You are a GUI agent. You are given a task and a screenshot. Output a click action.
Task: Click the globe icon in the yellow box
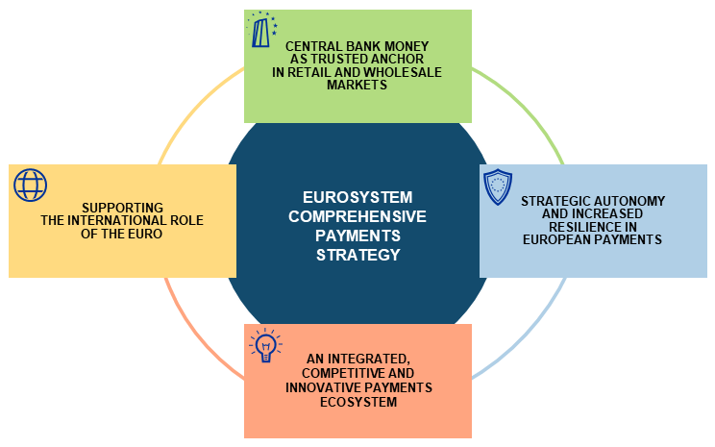(x=30, y=185)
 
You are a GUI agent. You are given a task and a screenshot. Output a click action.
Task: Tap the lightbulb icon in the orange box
(x=264, y=345)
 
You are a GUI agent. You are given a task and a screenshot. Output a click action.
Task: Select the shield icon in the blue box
(x=498, y=186)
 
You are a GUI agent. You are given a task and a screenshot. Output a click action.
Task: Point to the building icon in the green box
(x=262, y=32)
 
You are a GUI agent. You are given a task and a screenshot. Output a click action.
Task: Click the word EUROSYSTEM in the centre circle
(x=357, y=196)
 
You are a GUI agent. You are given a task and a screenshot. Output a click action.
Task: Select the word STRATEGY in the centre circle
(x=357, y=255)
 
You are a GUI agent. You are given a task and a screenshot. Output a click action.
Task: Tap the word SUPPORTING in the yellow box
(x=122, y=207)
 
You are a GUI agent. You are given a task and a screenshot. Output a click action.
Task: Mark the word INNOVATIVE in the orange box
(x=324, y=386)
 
